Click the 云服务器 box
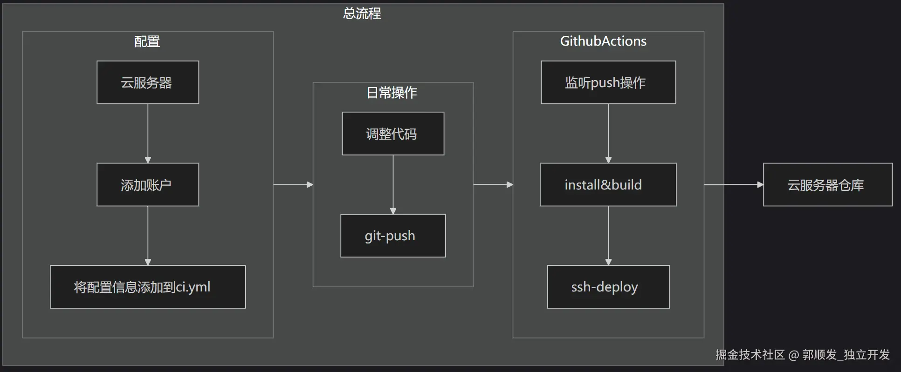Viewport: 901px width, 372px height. (147, 82)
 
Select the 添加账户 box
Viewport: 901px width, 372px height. (147, 185)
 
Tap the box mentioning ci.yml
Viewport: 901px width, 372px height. (147, 287)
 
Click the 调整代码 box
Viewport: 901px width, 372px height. (392, 134)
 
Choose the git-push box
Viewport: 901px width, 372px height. (392, 236)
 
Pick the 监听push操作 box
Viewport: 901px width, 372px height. (608, 82)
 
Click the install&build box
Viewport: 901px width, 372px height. (608, 185)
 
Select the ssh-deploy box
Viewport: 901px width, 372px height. (608, 287)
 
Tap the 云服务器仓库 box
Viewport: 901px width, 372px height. (827, 185)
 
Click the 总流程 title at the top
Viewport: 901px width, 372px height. (362, 14)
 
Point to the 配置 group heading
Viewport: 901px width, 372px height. (147, 41)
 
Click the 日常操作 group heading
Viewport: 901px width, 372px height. (392, 93)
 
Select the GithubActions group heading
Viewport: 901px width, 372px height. (603, 41)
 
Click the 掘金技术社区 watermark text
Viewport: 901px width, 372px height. (750, 355)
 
